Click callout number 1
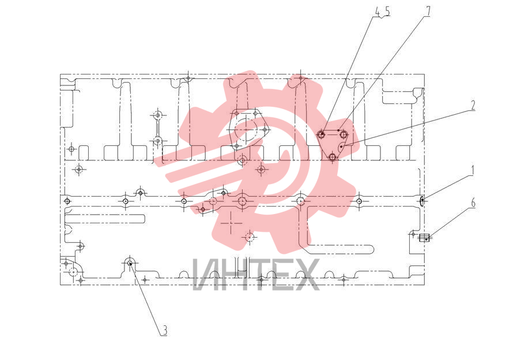click(x=472, y=170)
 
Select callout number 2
click(x=473, y=105)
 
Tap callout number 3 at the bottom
click(x=165, y=330)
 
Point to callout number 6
click(x=473, y=202)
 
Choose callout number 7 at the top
click(x=428, y=12)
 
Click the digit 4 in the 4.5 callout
click(x=378, y=12)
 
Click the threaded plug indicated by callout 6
click(x=424, y=238)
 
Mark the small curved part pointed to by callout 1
click(x=422, y=200)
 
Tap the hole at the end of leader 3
click(x=130, y=262)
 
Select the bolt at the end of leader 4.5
click(x=322, y=134)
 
